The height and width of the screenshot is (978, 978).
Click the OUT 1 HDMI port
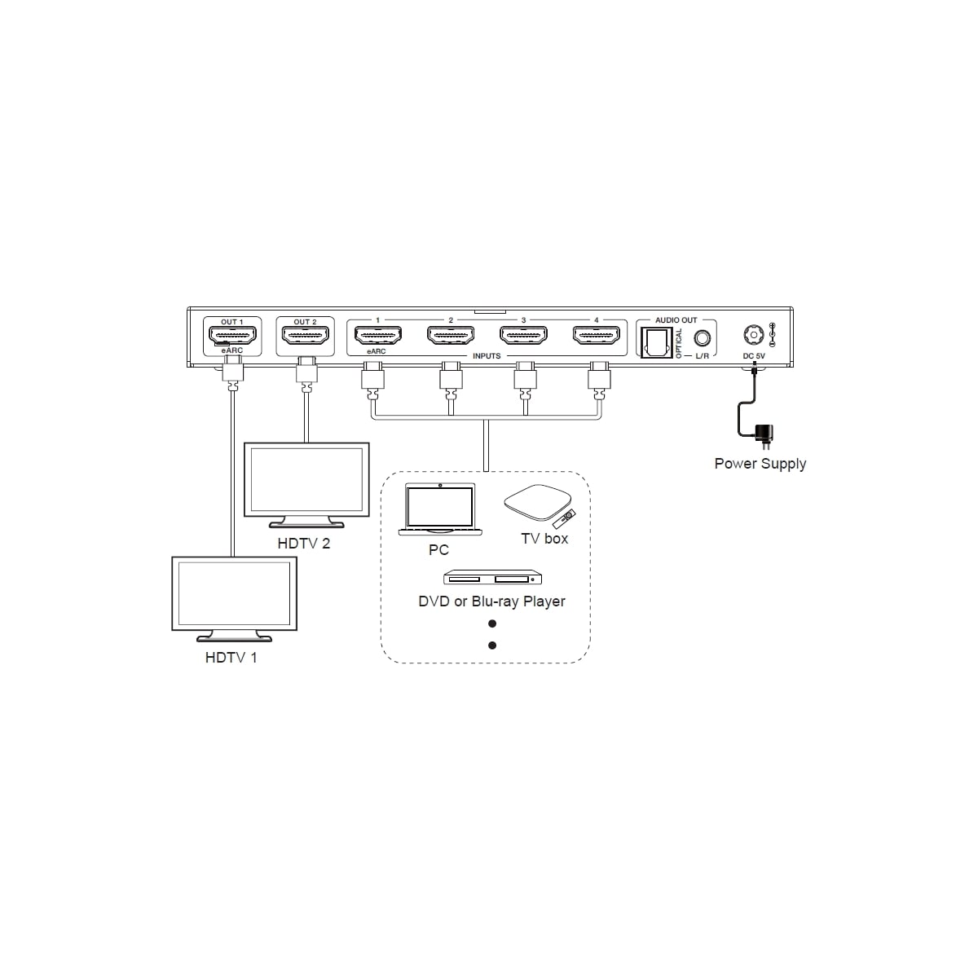pos(232,336)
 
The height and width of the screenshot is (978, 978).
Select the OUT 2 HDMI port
pos(305,336)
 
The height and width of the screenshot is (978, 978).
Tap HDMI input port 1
pos(377,335)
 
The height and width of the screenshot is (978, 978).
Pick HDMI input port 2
pos(451,335)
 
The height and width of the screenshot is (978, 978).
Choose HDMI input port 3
pos(523,335)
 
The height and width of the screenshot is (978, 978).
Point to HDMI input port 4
pos(597,335)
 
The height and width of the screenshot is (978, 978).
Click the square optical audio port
pos(656,342)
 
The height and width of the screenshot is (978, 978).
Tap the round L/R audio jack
pos(702,337)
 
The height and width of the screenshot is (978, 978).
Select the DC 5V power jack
pos(754,335)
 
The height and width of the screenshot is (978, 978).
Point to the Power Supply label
pos(760,464)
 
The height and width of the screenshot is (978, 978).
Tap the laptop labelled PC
pos(440,509)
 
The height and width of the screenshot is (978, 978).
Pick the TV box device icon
pos(537,503)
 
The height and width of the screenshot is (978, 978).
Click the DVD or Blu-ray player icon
pos(492,578)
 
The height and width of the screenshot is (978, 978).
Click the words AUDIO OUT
pos(676,320)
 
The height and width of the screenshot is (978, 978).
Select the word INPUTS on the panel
pos(487,356)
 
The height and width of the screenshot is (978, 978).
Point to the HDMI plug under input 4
pos(599,380)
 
